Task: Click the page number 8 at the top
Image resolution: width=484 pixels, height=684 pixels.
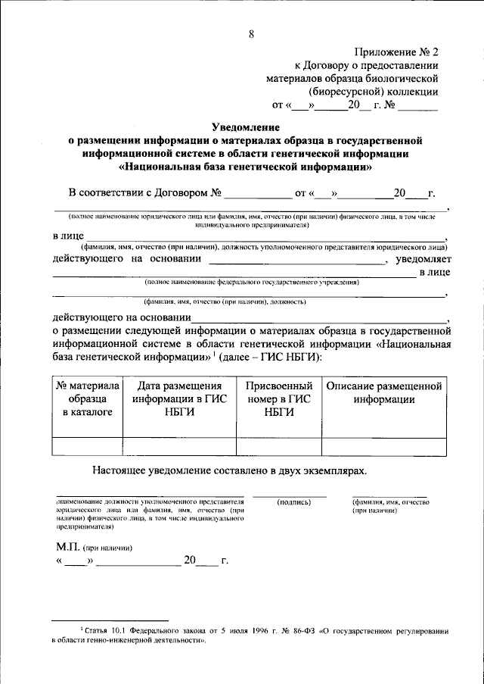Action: [250, 33]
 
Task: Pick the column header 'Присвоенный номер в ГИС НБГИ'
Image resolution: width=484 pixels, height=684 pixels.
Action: [278, 399]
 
